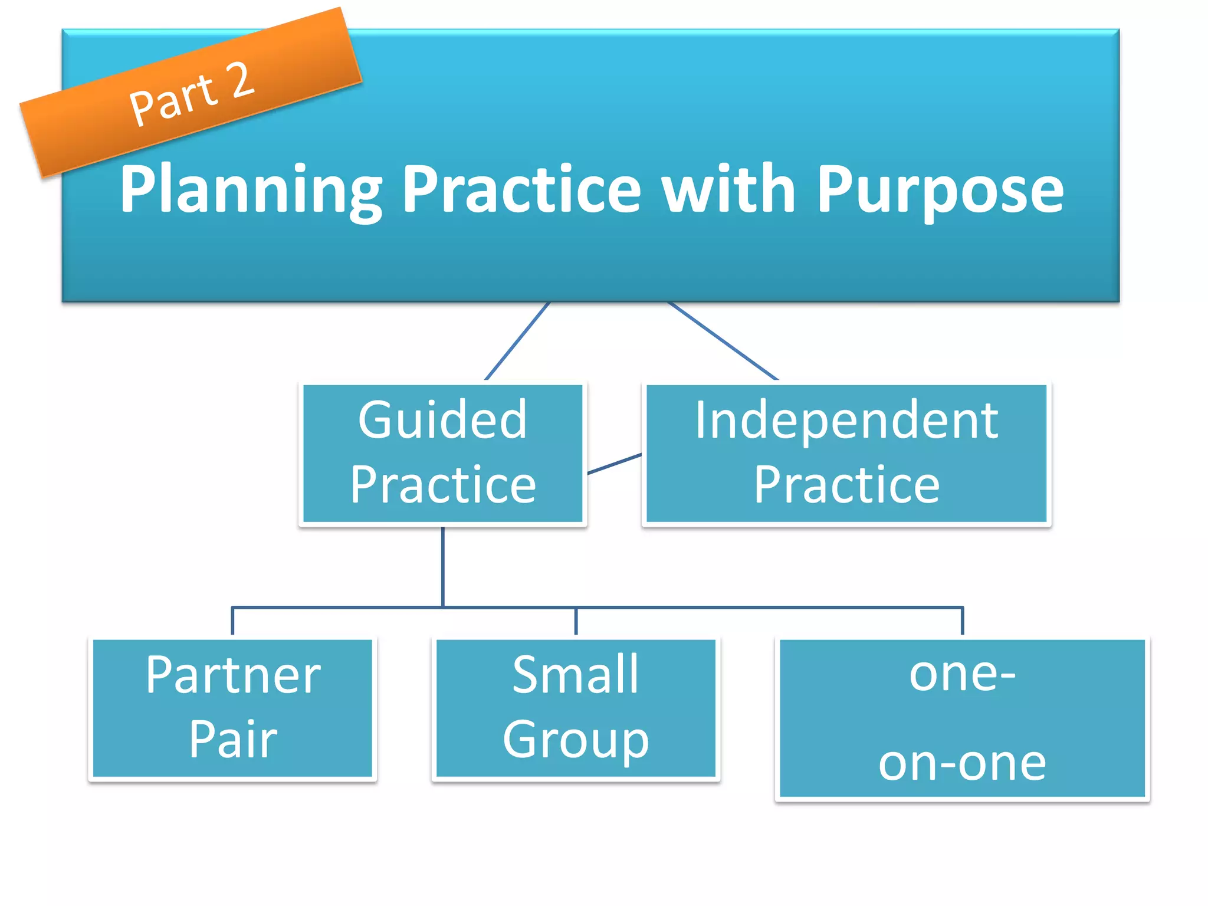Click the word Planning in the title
point(251,190)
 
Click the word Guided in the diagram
point(442,420)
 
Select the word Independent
point(846,420)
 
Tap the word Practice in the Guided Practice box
point(442,485)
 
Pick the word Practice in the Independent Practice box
point(846,485)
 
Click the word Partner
point(233,675)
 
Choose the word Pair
point(233,740)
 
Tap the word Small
point(575,675)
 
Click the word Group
point(575,740)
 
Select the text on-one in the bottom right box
point(962,763)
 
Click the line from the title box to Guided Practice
point(517,341)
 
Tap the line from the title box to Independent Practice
point(723,341)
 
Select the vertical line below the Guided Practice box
point(443,566)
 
